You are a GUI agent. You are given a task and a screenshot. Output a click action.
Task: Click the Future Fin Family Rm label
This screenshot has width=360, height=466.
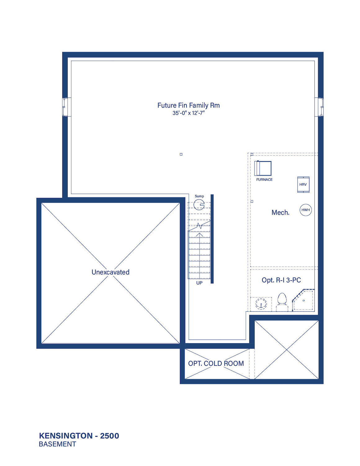188,105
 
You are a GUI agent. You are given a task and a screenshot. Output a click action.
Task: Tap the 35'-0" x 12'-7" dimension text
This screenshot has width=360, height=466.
189,113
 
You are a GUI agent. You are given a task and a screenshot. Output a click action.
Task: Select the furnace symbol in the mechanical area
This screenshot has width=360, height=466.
263,168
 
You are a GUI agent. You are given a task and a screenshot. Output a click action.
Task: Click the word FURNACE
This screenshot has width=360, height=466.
264,180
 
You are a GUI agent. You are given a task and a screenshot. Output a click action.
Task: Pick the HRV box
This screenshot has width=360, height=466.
303,185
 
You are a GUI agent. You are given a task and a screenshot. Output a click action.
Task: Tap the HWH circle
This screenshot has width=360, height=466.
306,210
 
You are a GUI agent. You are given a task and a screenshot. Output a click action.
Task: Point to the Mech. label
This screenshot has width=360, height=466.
280,212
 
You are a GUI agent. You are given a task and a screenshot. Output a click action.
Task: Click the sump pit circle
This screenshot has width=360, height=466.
199,204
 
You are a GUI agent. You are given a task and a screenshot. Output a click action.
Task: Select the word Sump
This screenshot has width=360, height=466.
199,196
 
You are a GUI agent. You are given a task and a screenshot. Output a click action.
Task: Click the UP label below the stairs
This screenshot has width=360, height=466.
199,283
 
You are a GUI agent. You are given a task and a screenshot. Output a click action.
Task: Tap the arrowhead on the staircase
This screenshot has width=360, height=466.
200,235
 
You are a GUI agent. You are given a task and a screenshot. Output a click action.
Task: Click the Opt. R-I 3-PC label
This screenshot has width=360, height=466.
281,280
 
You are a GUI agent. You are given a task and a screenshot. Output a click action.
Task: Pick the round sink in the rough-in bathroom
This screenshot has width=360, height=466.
261,304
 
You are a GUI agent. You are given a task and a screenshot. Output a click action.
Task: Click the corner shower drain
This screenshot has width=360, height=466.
304,300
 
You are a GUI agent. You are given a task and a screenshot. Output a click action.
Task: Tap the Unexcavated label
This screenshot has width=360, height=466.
110,272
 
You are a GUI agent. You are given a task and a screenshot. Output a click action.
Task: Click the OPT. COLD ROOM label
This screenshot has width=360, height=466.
216,363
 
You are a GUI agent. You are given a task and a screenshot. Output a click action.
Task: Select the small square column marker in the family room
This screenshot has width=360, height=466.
181,154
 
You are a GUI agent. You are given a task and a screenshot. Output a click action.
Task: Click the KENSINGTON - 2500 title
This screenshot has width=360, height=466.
79,436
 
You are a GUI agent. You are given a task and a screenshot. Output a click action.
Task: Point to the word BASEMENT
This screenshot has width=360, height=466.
57,444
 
